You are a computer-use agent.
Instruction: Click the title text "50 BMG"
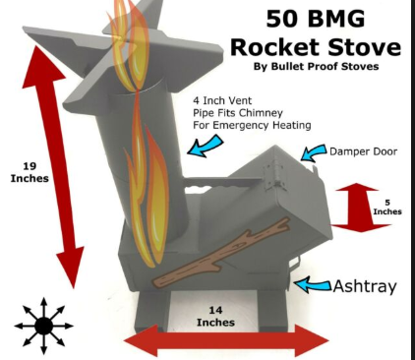(x=316, y=19)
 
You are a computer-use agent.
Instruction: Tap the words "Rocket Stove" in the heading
(x=316, y=47)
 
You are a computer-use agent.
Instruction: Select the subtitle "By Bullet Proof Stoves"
(x=316, y=66)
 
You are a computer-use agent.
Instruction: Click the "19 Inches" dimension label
(x=30, y=172)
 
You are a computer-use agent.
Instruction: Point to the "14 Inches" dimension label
(x=215, y=316)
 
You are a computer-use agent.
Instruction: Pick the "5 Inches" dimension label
(x=387, y=208)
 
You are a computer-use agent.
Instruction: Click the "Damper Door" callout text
(x=363, y=151)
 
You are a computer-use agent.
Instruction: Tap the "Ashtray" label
(x=365, y=286)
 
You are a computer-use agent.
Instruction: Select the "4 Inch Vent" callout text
(x=222, y=100)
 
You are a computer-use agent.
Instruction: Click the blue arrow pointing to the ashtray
(x=313, y=284)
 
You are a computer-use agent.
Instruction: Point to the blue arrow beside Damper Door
(x=314, y=152)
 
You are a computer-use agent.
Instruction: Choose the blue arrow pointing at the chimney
(x=206, y=146)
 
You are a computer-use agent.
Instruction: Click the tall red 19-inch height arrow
(x=52, y=165)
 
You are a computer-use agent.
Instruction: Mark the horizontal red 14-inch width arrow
(x=226, y=341)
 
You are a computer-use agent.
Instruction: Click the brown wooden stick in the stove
(x=222, y=253)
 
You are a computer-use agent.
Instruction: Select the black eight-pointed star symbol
(x=44, y=326)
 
